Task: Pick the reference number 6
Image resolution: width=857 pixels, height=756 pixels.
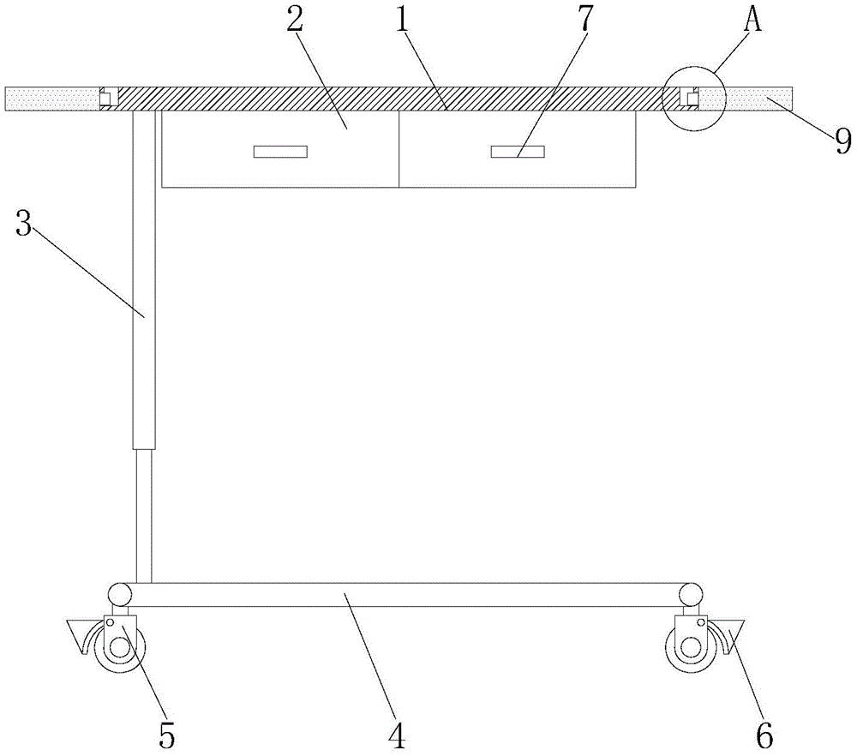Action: point(764,734)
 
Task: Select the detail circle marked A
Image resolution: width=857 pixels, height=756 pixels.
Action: point(693,99)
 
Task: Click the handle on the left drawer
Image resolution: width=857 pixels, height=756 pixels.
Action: point(280,152)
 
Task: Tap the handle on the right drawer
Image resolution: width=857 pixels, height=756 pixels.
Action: point(517,152)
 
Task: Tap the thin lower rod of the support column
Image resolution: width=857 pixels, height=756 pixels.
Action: point(144,514)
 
